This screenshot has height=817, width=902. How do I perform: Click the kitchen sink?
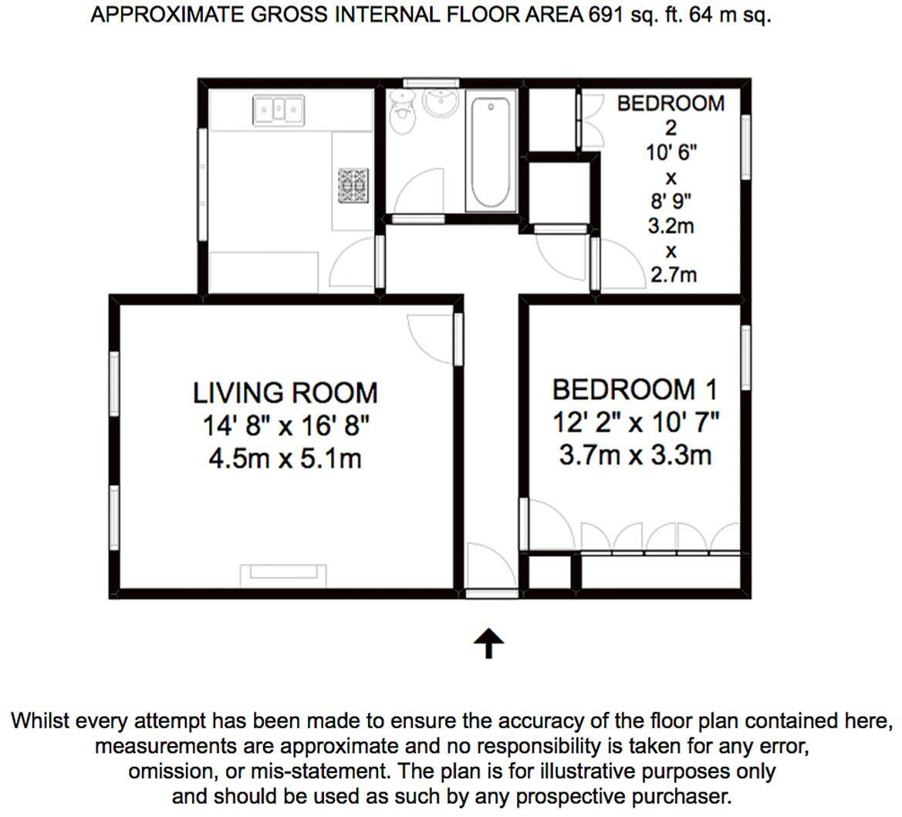pyautogui.click(x=279, y=110)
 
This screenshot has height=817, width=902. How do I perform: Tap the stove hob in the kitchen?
pyautogui.click(x=353, y=185)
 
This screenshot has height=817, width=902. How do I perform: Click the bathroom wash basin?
pyautogui.click(x=440, y=103)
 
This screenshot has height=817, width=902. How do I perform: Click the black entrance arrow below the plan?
pyautogui.click(x=488, y=643)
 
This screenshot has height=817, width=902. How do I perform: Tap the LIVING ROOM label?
pyautogui.click(x=285, y=393)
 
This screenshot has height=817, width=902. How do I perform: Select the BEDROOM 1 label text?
pyautogui.click(x=635, y=390)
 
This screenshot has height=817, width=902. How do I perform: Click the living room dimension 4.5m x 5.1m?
pyautogui.click(x=285, y=459)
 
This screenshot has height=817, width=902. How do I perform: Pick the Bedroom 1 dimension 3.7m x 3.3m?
pyautogui.click(x=635, y=456)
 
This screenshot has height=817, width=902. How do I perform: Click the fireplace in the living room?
pyautogui.click(x=283, y=575)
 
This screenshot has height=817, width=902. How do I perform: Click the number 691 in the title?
pyautogui.click(x=605, y=15)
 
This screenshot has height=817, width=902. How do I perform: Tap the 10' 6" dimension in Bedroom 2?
pyautogui.click(x=671, y=153)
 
